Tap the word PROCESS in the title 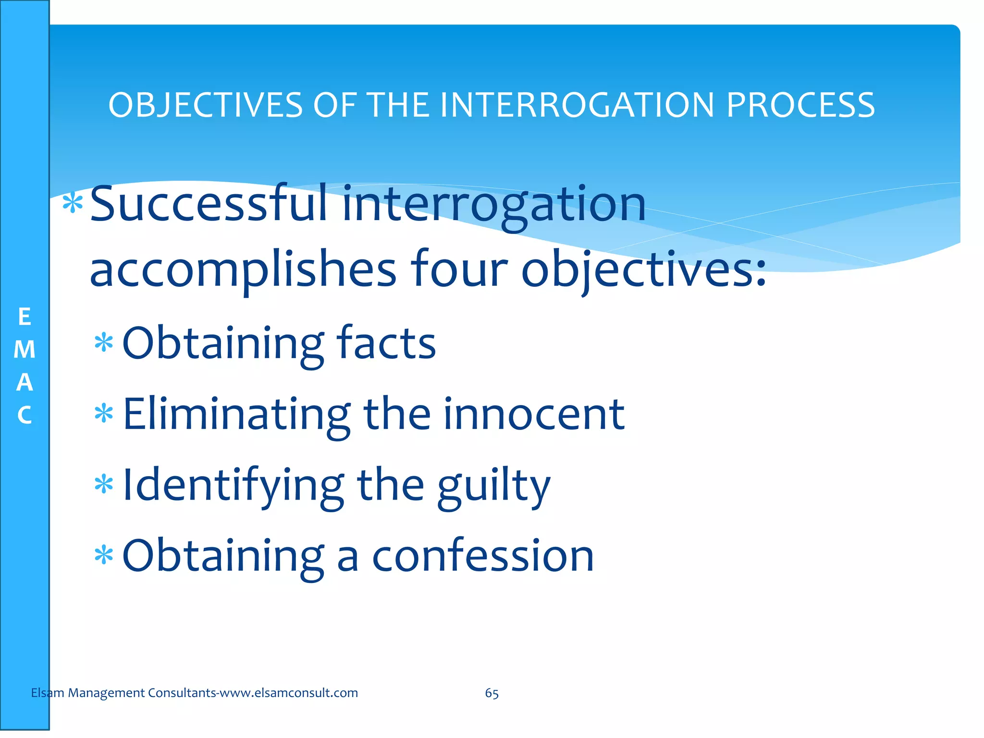[x=800, y=105]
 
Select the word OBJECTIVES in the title [x=206, y=105]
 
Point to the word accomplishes [x=243, y=270]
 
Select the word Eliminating [x=236, y=414]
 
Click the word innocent [x=534, y=414]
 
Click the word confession [x=483, y=556]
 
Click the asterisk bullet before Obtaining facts [x=104, y=343]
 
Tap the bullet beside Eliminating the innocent [x=104, y=414]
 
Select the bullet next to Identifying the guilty [x=104, y=484]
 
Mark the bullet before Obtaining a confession [x=104, y=555]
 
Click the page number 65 [x=492, y=693]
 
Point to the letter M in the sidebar [x=25, y=350]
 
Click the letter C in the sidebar [x=25, y=416]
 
